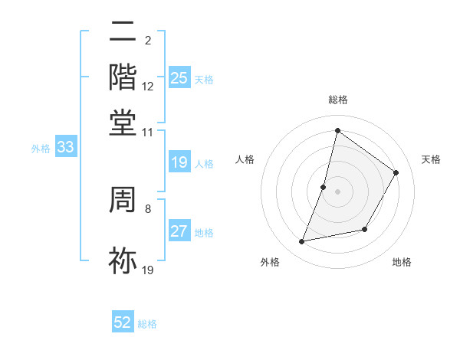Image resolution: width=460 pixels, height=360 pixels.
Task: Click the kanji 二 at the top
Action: (x=123, y=32)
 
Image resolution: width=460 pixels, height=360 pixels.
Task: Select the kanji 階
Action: (x=123, y=77)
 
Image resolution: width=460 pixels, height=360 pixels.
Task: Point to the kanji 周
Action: (x=123, y=201)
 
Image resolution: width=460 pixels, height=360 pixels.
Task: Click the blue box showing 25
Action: (x=179, y=77)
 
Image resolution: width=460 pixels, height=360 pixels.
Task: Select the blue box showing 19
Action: (x=179, y=162)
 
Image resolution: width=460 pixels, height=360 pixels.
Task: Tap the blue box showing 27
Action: (x=179, y=231)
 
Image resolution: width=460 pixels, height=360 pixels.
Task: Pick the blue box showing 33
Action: (x=65, y=148)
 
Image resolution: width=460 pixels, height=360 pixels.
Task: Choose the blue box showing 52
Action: (x=123, y=322)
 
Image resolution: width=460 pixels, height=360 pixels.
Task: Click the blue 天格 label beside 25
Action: (x=204, y=79)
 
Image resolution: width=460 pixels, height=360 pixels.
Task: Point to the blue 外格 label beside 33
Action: (x=41, y=149)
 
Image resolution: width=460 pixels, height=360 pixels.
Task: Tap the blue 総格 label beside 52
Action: (x=147, y=324)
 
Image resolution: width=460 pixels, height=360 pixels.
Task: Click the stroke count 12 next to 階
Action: (x=148, y=87)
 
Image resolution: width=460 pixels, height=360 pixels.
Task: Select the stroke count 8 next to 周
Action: (x=148, y=208)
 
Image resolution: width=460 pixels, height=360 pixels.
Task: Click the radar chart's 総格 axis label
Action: (x=337, y=100)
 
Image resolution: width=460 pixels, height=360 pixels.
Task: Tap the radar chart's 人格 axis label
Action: (x=245, y=159)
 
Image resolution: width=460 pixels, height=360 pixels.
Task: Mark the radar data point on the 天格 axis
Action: (x=396, y=172)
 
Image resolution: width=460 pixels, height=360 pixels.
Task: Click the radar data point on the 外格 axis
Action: (x=302, y=242)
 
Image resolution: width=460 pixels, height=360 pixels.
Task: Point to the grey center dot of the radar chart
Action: (x=337, y=191)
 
